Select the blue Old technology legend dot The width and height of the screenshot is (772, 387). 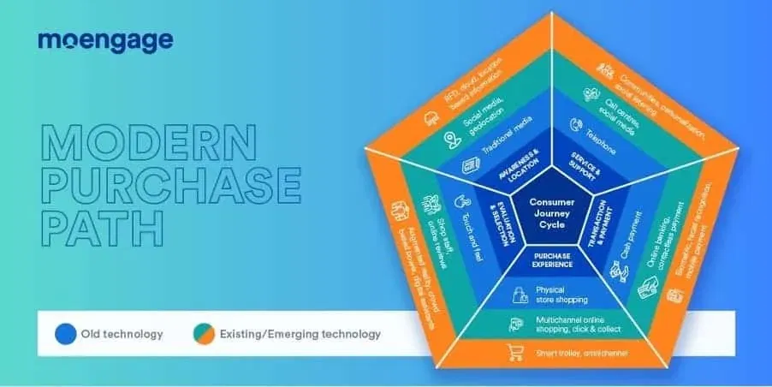64,333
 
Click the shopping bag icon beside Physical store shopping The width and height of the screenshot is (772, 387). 519,295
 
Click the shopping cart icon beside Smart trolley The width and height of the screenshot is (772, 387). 516,352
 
